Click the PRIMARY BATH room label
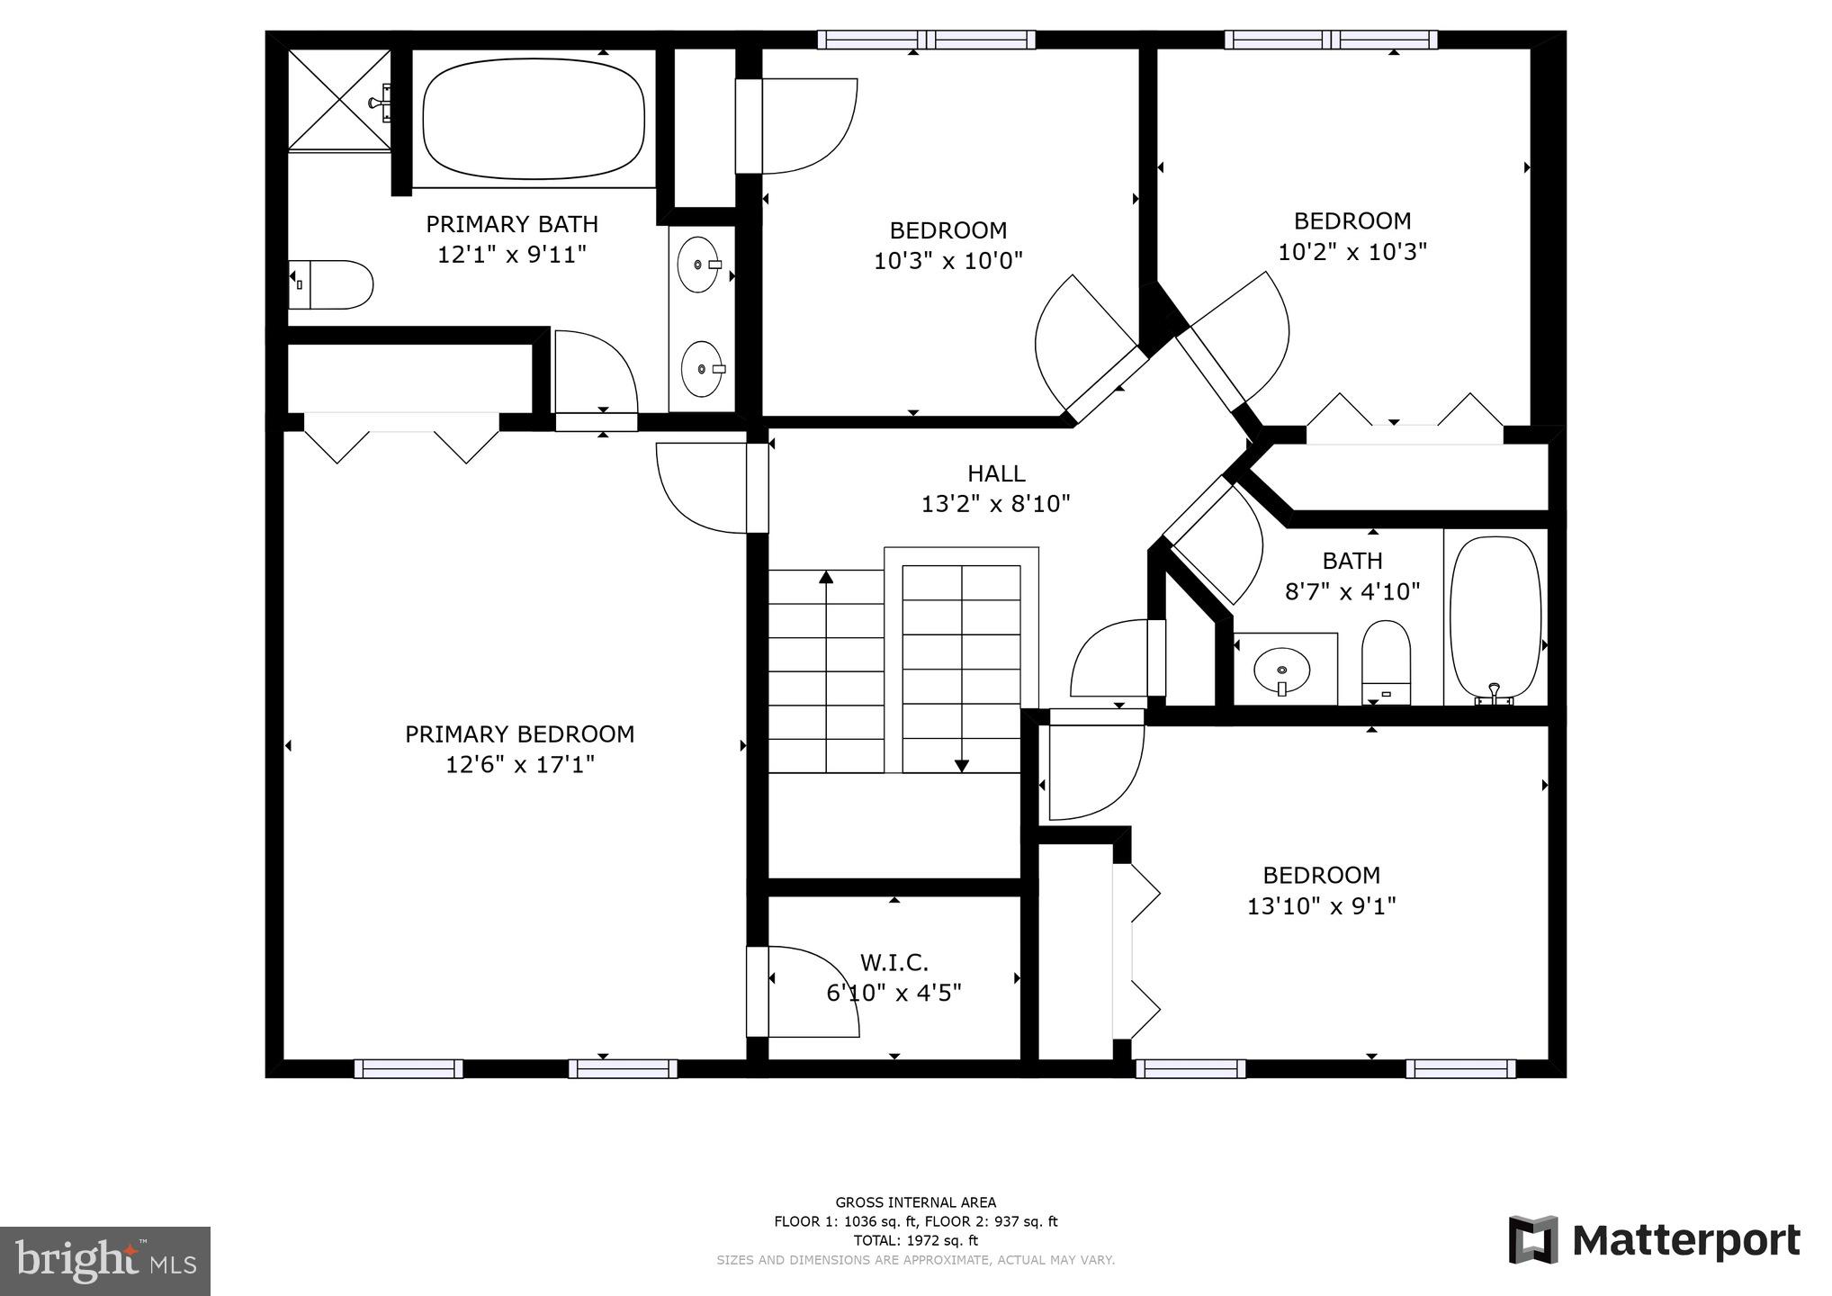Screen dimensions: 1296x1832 tap(511, 224)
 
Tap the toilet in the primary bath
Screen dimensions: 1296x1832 tap(332, 284)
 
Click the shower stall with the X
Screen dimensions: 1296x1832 tap(339, 98)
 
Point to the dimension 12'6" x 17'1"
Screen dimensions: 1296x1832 tap(519, 765)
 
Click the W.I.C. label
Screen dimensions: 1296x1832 tap(894, 963)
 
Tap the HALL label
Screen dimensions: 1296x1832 tap(995, 473)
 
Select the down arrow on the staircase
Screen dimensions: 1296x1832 tap(961, 765)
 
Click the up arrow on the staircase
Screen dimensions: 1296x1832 tap(825, 577)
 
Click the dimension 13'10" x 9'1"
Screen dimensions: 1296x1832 tap(1320, 905)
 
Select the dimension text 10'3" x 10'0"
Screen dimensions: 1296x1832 tap(947, 261)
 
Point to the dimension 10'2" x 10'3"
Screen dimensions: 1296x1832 tap(1352, 251)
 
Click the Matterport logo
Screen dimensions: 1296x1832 tap(1654, 1240)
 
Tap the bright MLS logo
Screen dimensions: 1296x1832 tap(105, 1261)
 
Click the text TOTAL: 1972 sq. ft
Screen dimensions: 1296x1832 tap(915, 1240)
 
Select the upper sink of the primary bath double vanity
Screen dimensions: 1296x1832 tap(699, 265)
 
